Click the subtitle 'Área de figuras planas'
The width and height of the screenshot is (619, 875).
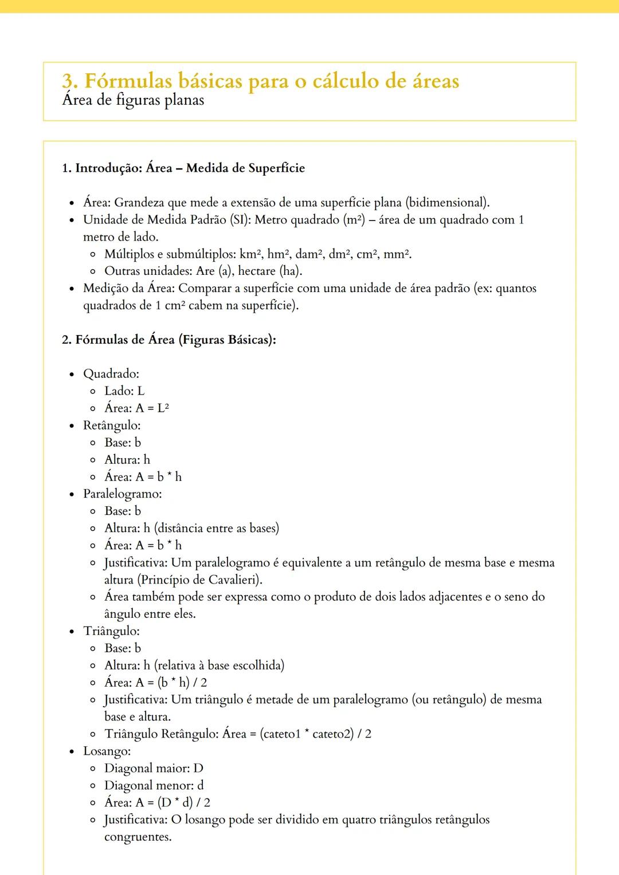(133, 101)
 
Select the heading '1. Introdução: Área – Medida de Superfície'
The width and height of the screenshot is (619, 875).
(183, 168)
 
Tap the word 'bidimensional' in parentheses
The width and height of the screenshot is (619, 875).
(446, 203)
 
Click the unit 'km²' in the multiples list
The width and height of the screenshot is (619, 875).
(251, 254)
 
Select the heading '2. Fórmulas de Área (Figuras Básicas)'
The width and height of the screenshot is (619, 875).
(169, 340)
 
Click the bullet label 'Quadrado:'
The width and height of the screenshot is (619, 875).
(111, 374)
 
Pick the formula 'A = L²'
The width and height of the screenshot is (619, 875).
(152, 408)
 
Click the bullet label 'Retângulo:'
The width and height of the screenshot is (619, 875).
(112, 425)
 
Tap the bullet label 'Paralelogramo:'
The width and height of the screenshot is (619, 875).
(123, 494)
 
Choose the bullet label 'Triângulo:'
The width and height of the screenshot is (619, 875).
(112, 631)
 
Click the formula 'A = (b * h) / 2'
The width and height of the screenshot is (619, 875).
(171, 683)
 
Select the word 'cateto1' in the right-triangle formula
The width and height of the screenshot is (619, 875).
(280, 734)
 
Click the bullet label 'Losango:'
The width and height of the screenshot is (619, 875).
(107, 751)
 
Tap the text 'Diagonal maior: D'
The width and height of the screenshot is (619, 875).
(154, 768)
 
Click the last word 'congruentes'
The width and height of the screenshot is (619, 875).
(138, 837)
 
